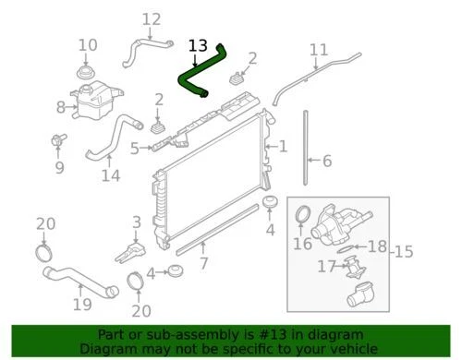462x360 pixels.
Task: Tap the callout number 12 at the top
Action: pyautogui.click(x=151, y=18)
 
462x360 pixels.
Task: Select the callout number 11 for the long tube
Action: pyautogui.click(x=318, y=50)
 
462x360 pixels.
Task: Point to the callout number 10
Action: pyautogui.click(x=87, y=45)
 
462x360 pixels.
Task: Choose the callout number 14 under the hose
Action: pyautogui.click(x=110, y=174)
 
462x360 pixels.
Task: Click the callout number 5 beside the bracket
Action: pyautogui.click(x=134, y=148)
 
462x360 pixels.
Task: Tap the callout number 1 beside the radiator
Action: pyautogui.click(x=283, y=146)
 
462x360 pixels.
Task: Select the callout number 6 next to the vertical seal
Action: pyautogui.click(x=325, y=161)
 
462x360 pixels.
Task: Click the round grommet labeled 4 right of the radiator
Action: pyautogui.click(x=271, y=203)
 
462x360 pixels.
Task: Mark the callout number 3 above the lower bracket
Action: pyautogui.click(x=136, y=222)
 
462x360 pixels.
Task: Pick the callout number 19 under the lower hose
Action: pyautogui.click(x=81, y=304)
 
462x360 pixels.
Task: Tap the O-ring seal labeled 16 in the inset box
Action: pyautogui.click(x=301, y=219)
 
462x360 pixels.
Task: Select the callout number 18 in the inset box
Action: pyautogui.click(x=377, y=247)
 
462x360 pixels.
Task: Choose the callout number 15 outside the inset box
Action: pyautogui.click(x=404, y=252)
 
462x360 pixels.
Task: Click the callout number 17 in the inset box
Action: pyautogui.click(x=323, y=268)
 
